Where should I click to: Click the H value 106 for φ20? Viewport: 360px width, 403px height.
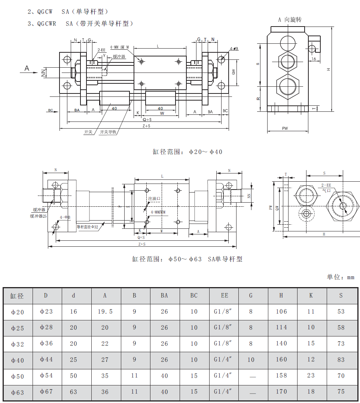(281, 311)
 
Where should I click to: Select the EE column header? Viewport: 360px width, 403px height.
(224, 295)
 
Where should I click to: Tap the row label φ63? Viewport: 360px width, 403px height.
(17, 393)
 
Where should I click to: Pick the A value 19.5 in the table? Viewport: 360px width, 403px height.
(105, 311)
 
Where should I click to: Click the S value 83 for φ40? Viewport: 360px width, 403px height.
(341, 360)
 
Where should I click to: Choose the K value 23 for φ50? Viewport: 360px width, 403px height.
(311, 376)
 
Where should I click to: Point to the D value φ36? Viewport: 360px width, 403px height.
(46, 343)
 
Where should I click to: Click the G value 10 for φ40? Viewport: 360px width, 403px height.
(251, 360)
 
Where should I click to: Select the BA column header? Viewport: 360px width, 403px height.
(164, 295)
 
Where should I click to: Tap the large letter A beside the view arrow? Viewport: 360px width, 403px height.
(27, 68)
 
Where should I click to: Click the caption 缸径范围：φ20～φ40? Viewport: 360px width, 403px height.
(187, 152)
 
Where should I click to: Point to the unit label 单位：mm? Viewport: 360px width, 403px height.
(340, 277)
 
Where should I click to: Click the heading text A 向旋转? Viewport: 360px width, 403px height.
(290, 19)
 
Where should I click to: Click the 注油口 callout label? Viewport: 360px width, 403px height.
(154, 199)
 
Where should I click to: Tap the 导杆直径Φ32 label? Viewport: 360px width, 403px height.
(87, 227)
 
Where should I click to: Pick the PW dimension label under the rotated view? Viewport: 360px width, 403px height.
(285, 128)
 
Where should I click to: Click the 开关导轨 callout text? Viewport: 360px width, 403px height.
(108, 132)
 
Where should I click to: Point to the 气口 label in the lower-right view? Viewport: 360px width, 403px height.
(327, 190)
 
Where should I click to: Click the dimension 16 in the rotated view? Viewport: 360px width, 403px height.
(314, 59)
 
